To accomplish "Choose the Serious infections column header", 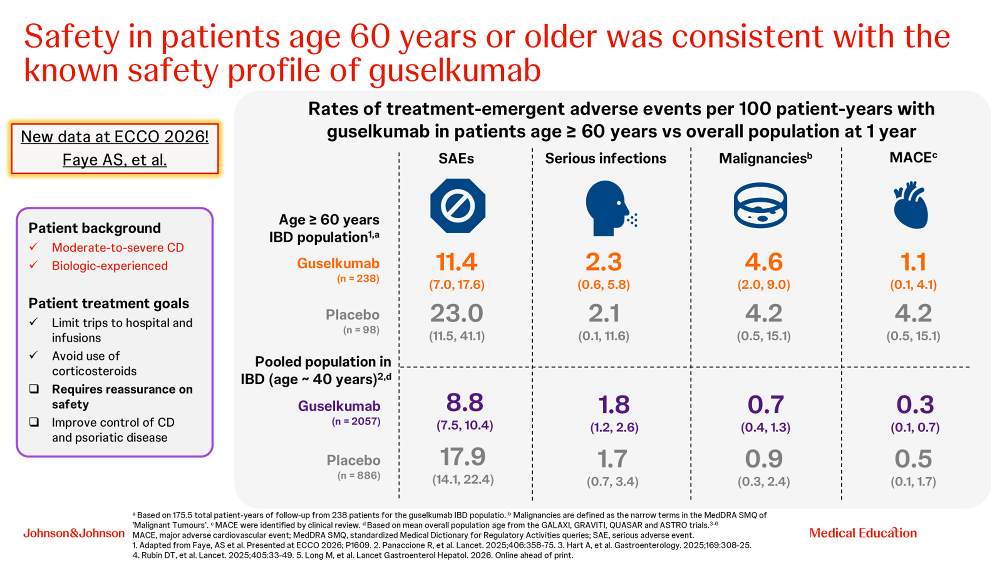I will [605, 158].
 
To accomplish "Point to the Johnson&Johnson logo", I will [74, 533].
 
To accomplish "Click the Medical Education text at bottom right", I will [863, 533].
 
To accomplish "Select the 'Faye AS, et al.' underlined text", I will [115, 160].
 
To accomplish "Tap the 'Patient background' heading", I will [95, 228].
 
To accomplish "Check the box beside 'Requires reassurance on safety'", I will [34, 389].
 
